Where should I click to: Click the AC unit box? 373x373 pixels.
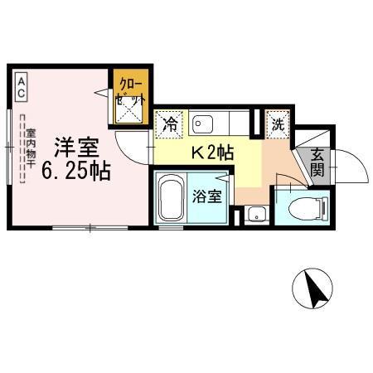tap(22, 87)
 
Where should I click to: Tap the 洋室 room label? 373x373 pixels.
tap(76, 147)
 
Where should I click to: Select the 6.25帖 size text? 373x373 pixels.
tap(76, 172)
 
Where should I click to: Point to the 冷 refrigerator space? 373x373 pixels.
tap(169, 124)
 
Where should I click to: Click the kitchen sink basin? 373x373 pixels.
tap(203, 124)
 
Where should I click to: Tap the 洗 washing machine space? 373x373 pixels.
tap(278, 124)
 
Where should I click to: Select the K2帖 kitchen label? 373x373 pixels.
tap(213, 153)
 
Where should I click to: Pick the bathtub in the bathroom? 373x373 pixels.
tap(171, 197)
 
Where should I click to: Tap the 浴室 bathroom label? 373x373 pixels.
tap(207, 196)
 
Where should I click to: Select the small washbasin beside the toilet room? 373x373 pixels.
tap(257, 214)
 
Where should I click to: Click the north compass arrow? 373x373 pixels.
tap(316, 289)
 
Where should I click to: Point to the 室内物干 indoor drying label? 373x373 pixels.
tap(31, 148)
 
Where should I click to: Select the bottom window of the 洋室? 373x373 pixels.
tap(90, 228)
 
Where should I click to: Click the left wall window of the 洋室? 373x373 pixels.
tap(9, 147)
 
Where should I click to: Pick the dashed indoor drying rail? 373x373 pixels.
tap(22, 149)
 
